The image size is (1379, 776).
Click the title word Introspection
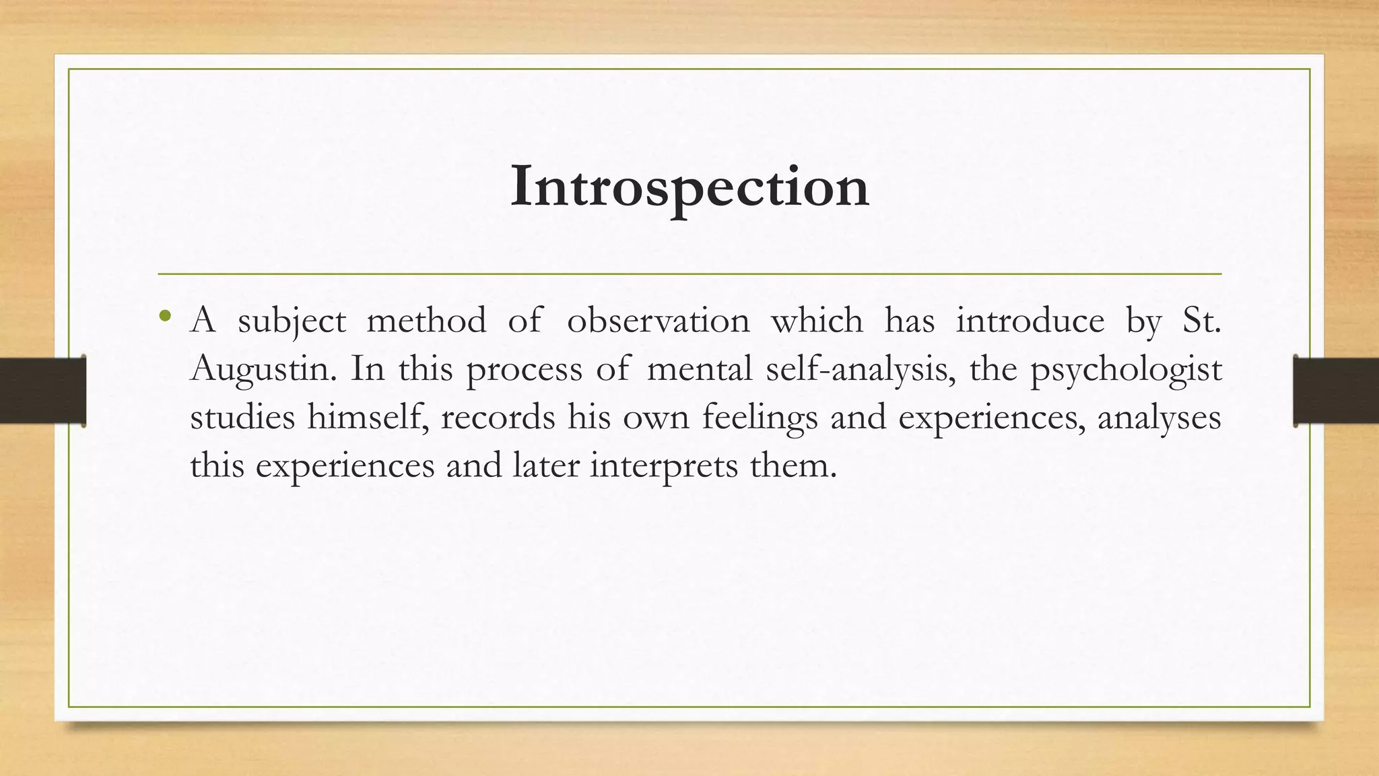click(x=689, y=187)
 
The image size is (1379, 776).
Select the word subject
click(x=292, y=321)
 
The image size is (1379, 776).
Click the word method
click(x=426, y=321)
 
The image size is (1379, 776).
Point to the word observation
click(x=658, y=321)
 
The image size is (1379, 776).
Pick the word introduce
click(x=1030, y=321)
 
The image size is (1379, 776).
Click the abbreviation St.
click(x=1201, y=321)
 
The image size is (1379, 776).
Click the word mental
click(x=699, y=369)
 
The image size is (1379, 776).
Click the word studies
click(x=242, y=418)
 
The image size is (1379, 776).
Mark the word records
click(x=498, y=418)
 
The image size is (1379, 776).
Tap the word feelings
click(x=760, y=418)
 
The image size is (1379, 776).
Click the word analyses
click(x=1159, y=418)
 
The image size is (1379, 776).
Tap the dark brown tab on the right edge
click(x=1336, y=391)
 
